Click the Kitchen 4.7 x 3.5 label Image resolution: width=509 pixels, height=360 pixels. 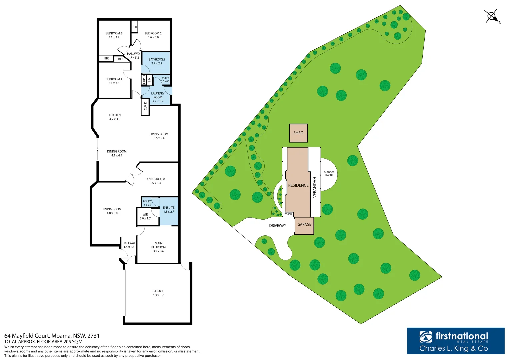pos(115,117)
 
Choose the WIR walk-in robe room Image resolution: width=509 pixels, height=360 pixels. pos(145,216)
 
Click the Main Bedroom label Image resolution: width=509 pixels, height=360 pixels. pos(158,247)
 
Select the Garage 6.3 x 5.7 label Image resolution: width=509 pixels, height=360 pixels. pos(158,293)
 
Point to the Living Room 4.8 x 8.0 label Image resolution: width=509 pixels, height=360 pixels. pos(112,211)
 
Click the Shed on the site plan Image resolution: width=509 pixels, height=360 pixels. pos(298,133)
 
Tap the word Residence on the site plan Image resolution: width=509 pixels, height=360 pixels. pos(298,185)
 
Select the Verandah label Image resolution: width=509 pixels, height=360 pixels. pos(314,187)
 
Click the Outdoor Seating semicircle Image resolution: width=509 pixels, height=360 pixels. pos(329,174)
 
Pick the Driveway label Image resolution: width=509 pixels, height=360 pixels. pos(278,226)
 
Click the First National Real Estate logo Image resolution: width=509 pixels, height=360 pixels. pos(455,341)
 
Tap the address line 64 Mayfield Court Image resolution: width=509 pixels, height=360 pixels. pos(52,336)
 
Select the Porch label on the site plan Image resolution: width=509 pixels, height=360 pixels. pos(288,214)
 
